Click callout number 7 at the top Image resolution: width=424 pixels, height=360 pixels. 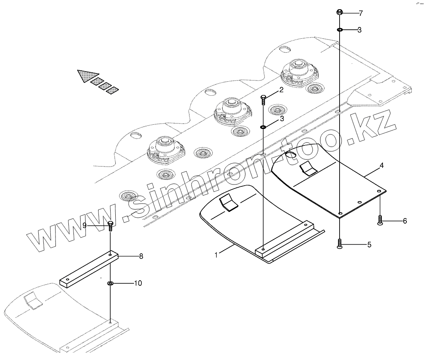(x=360, y=13)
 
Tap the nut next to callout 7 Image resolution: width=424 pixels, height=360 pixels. (x=340, y=13)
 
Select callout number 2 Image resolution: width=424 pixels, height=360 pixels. (x=281, y=91)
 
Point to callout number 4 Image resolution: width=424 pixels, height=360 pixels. (x=381, y=166)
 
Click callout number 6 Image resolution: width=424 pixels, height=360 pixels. (x=404, y=221)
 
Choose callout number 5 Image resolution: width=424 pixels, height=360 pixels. (x=369, y=245)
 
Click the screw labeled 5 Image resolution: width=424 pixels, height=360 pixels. (x=340, y=244)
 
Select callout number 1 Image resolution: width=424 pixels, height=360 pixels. (x=216, y=254)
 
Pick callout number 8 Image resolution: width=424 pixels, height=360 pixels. (x=141, y=256)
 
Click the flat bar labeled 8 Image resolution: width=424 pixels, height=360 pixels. (x=88, y=270)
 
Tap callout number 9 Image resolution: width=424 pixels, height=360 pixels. (x=84, y=225)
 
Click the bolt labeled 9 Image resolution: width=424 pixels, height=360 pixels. (x=110, y=226)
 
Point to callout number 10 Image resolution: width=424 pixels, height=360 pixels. (x=138, y=283)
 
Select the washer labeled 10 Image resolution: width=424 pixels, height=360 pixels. (x=111, y=283)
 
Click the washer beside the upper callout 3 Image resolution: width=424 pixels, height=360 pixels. (x=340, y=30)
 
